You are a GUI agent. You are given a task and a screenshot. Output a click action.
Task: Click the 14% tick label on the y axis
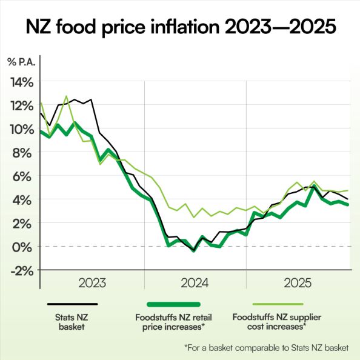21,82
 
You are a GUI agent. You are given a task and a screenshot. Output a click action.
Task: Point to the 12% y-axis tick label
21,105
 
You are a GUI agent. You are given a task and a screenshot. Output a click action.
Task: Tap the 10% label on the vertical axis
21,129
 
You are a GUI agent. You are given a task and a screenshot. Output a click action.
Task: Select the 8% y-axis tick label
24,152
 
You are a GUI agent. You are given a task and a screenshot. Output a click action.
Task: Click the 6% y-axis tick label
24,176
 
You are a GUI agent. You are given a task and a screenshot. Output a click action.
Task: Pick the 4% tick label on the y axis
24,199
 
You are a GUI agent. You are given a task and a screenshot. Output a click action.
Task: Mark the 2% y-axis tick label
24,222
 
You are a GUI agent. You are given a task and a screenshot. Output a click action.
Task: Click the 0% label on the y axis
24,246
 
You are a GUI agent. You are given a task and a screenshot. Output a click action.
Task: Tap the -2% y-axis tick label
22,270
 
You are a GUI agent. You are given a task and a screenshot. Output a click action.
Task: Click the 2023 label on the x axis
93,283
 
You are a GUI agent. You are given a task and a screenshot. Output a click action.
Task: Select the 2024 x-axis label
195,283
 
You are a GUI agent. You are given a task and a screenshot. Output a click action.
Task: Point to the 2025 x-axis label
298,283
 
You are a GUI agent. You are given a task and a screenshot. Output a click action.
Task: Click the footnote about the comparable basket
267,347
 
